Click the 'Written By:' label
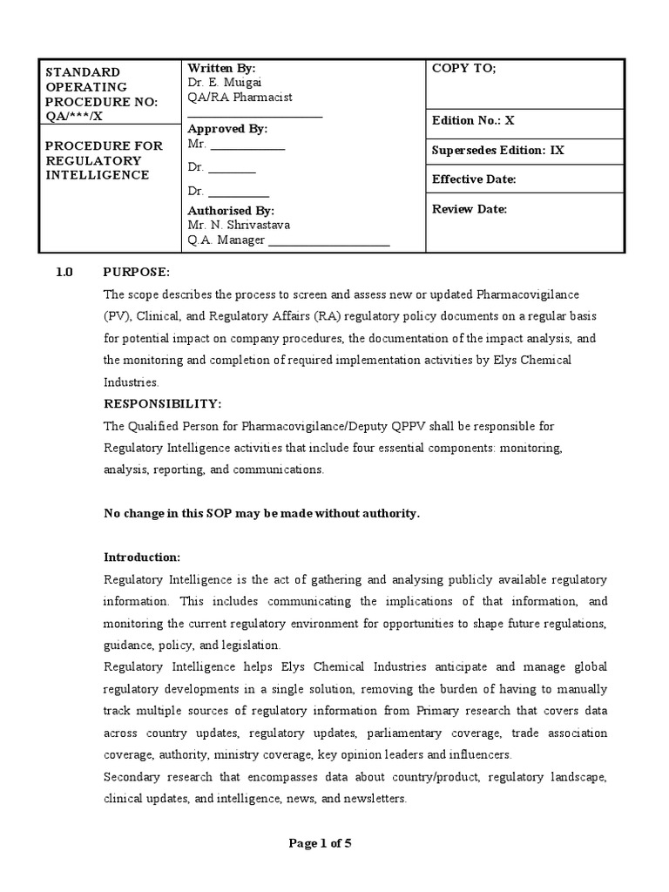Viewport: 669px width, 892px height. click(x=221, y=68)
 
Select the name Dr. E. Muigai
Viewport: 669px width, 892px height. click(x=223, y=83)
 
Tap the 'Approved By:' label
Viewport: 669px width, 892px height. click(x=227, y=129)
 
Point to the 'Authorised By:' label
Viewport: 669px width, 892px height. click(x=231, y=210)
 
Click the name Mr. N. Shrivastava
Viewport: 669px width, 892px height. click(x=239, y=225)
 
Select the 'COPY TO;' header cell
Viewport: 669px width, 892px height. click(x=463, y=70)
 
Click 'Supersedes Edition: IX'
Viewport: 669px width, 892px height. click(x=497, y=151)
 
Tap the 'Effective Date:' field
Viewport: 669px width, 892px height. click(x=474, y=179)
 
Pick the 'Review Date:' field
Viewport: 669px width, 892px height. click(x=469, y=209)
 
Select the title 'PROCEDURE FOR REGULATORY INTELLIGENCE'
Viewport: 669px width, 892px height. click(x=104, y=160)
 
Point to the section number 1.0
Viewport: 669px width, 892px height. click(x=64, y=272)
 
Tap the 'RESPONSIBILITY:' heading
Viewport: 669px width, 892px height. click(x=163, y=404)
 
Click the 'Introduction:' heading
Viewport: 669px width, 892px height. click(x=142, y=557)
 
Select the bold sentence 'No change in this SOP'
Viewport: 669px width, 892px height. click(x=261, y=513)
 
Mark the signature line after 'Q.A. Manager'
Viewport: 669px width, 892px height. click(x=328, y=241)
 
